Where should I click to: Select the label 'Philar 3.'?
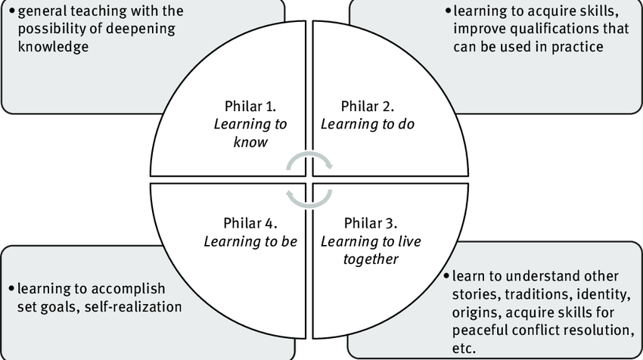[x=371, y=223]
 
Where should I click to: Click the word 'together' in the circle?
[x=368, y=259]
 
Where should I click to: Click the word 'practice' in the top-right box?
[x=579, y=47]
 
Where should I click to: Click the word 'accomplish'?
[x=129, y=290]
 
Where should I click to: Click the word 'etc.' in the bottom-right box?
[x=464, y=349]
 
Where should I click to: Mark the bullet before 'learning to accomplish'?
[x=11, y=290]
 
